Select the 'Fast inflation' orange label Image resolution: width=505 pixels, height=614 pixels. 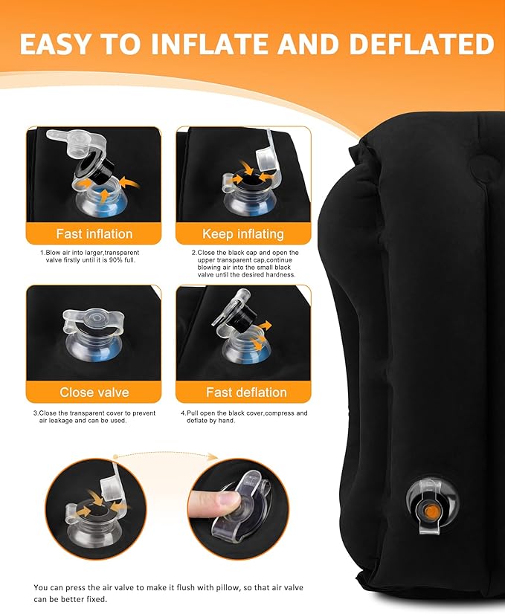[x=94, y=233]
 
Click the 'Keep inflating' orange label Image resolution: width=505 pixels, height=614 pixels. [x=243, y=233]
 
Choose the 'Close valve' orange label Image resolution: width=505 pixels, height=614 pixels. [x=94, y=392]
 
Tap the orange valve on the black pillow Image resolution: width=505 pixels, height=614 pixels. [x=431, y=510]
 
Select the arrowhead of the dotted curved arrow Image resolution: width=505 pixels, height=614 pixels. [x=213, y=456]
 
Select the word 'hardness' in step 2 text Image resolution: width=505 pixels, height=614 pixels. [x=282, y=275]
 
